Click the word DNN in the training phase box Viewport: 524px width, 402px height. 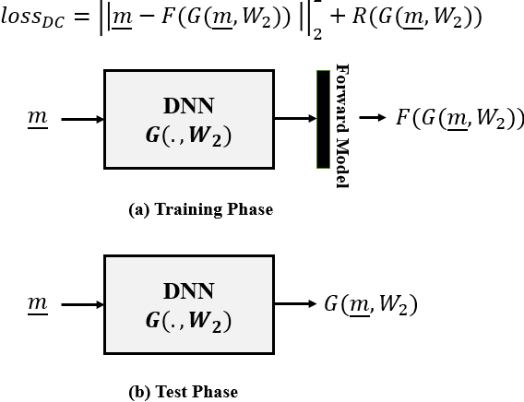click(189, 106)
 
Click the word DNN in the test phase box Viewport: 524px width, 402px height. click(188, 291)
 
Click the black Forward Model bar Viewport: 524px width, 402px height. click(323, 119)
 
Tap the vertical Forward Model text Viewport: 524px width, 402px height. click(342, 126)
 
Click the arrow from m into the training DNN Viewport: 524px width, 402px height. click(82, 119)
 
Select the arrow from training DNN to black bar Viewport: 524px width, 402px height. click(294, 119)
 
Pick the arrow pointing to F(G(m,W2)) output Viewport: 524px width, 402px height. click(373, 118)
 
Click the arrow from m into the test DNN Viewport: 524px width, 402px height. click(82, 303)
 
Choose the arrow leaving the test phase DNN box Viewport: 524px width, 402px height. click(295, 303)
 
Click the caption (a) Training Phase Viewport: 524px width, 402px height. click(200, 209)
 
